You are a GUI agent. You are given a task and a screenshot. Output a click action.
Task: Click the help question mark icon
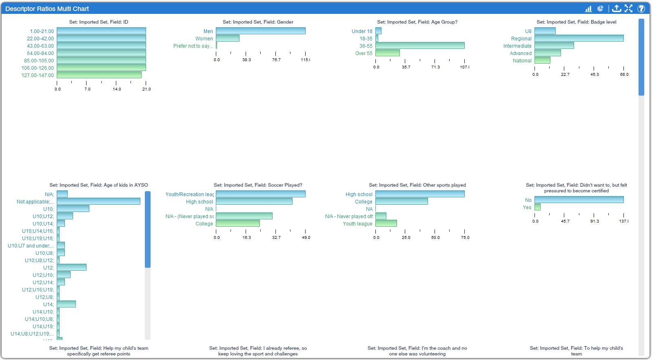[641, 9]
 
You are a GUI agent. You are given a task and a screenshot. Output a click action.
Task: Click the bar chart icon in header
[588, 9]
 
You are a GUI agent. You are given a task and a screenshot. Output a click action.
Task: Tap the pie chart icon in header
[601, 9]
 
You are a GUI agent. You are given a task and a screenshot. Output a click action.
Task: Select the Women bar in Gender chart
[228, 38]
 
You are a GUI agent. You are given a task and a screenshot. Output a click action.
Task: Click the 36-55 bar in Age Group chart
[420, 46]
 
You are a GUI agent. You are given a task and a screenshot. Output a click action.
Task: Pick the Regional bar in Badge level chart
[579, 38]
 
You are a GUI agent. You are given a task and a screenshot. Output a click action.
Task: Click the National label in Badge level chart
[522, 61]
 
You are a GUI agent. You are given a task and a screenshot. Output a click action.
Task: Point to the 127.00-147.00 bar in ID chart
[99, 75]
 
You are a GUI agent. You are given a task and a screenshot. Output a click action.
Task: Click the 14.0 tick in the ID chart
[117, 89]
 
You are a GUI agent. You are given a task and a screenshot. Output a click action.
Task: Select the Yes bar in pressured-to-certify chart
[537, 207]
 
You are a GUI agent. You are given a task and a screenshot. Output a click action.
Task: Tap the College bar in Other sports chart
[401, 201]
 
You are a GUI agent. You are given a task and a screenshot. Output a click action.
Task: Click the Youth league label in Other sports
[357, 224]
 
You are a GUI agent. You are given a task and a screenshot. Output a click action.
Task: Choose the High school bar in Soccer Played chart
[254, 201]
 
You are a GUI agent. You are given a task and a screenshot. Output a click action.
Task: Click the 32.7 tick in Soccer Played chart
[276, 237]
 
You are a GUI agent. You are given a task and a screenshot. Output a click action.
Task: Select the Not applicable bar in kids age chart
[98, 201]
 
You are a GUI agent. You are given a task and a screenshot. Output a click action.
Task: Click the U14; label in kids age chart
[48, 305]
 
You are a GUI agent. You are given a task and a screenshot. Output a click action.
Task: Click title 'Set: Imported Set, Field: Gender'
[258, 22]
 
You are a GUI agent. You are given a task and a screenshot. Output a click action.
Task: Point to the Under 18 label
[362, 31]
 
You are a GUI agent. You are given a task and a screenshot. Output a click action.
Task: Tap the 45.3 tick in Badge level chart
[594, 75]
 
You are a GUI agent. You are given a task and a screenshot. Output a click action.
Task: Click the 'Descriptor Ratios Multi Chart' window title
[47, 9]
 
